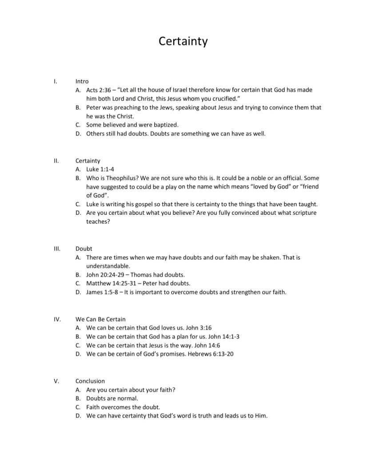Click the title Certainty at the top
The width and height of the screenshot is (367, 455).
tap(183, 41)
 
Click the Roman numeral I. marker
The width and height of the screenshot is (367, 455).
tap(55, 81)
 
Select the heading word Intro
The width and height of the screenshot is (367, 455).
tap(82, 81)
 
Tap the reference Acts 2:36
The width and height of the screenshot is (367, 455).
tap(98, 90)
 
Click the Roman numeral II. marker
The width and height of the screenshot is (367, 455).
tap(56, 161)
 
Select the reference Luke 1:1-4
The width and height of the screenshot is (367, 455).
tap(97, 169)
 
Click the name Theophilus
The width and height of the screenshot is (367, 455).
tap(116, 178)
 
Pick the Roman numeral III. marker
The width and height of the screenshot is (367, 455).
tap(56, 249)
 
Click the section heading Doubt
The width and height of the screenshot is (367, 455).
tap(84, 249)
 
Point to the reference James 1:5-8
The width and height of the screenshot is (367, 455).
tap(101, 292)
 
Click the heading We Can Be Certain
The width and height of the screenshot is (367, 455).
tap(100, 319)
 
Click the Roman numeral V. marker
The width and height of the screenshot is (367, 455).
tap(56, 381)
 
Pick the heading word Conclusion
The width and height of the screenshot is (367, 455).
tap(90, 381)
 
